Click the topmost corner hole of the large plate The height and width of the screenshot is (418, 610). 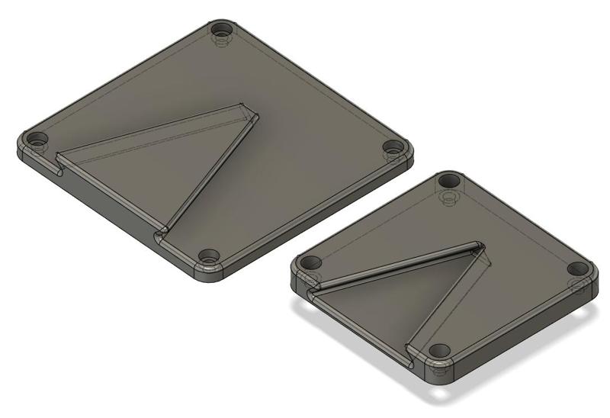pos(221,31)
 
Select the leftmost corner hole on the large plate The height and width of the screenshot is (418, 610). pos(37,140)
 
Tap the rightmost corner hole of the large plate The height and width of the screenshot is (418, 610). pos(393,146)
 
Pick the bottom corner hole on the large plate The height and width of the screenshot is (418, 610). pos(209,256)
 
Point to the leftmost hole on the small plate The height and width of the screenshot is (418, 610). pos(309,262)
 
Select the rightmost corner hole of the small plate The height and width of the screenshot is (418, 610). pos(579,268)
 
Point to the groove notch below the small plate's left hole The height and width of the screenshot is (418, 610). pos(312,289)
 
